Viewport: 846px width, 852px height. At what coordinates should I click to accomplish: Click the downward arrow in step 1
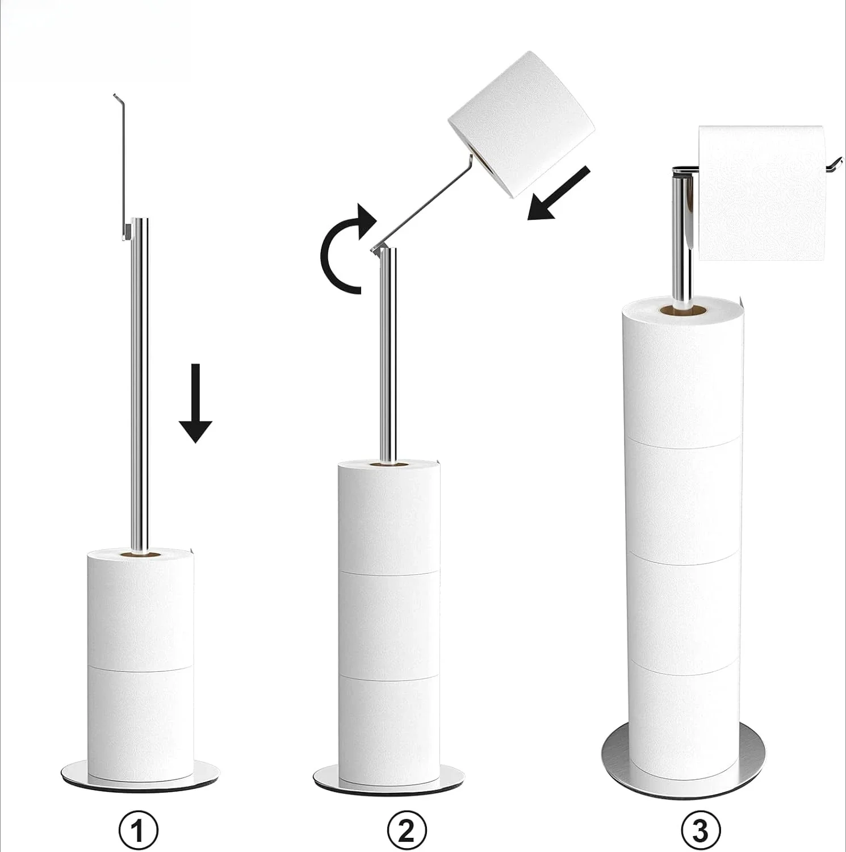pos(195,403)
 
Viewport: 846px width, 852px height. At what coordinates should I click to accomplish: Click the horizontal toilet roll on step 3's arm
pos(761,193)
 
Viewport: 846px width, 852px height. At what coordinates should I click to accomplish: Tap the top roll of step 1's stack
pos(140,608)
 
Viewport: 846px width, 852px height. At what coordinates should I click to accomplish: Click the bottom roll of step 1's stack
pos(140,719)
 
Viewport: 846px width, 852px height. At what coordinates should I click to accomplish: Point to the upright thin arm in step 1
pos(123,165)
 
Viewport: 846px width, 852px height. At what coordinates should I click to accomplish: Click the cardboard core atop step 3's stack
pos(682,311)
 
